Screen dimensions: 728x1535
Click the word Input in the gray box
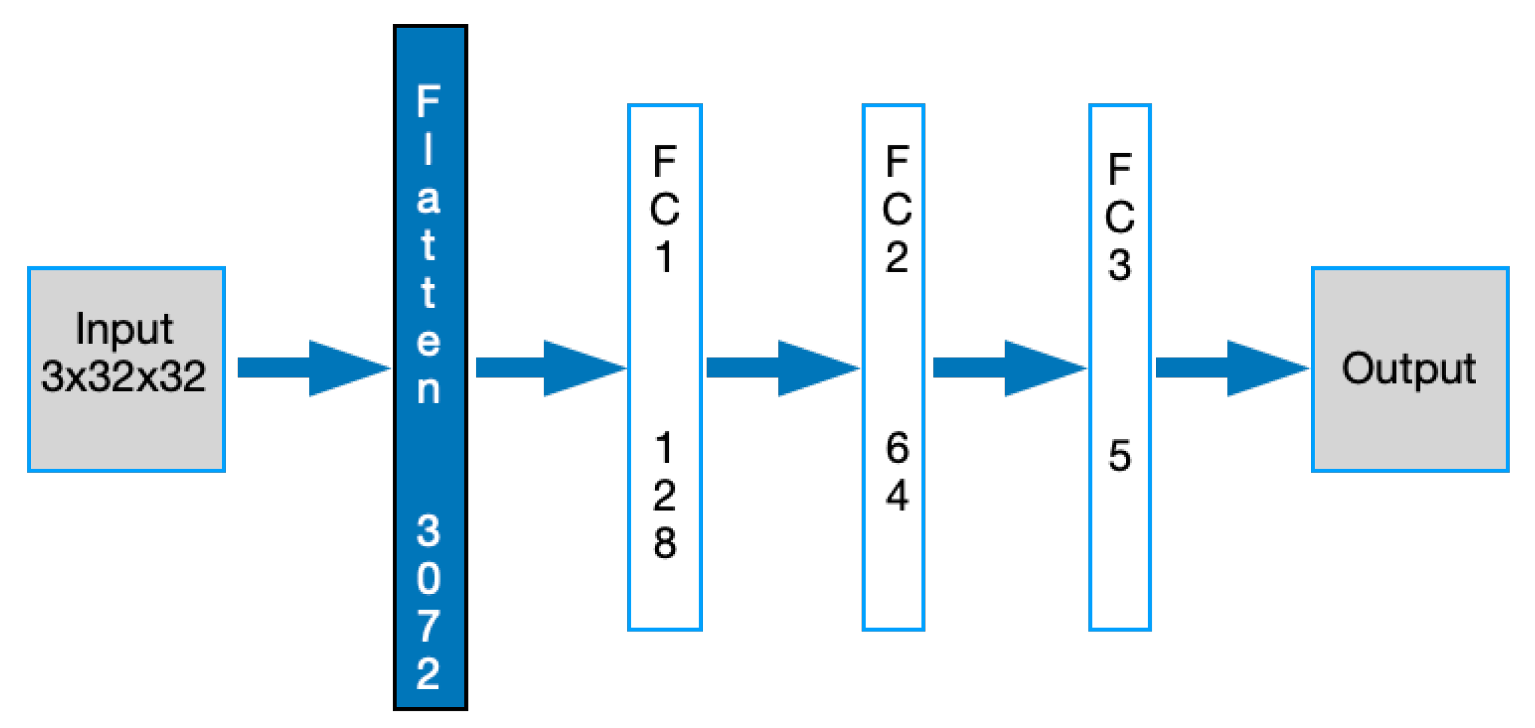pyautogui.click(x=124, y=329)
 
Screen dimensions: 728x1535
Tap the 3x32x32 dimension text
pyautogui.click(x=124, y=377)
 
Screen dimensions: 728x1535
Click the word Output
pyautogui.click(x=1408, y=369)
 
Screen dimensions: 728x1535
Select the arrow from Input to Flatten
pyautogui.click(x=313, y=368)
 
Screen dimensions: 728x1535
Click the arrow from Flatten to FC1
pyautogui.click(x=550, y=368)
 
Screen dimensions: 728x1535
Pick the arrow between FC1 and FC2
pyautogui.click(x=782, y=368)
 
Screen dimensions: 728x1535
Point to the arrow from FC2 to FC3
pyautogui.click(x=1009, y=368)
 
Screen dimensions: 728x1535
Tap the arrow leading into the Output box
pyautogui.click(x=1231, y=368)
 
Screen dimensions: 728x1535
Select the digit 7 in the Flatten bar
pyautogui.click(x=428, y=626)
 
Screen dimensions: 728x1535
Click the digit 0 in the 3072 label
pyautogui.click(x=428, y=578)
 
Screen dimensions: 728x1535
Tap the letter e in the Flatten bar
pyautogui.click(x=428, y=342)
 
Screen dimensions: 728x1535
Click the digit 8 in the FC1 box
pyautogui.click(x=664, y=543)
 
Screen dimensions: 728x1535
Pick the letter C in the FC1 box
pyautogui.click(x=664, y=209)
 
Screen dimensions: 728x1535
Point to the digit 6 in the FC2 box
pyautogui.click(x=897, y=448)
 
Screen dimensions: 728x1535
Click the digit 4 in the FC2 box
pyautogui.click(x=897, y=496)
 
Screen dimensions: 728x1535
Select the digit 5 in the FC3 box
pyautogui.click(x=1119, y=456)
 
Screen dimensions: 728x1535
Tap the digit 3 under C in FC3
pyautogui.click(x=1119, y=265)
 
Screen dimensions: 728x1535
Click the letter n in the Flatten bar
pyautogui.click(x=428, y=390)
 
